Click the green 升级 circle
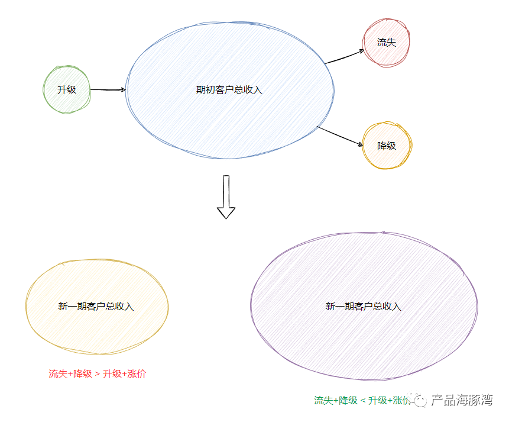(66, 90)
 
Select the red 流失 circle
(386, 43)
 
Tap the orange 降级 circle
(387, 146)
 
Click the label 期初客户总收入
(229, 90)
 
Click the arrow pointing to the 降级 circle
(340, 136)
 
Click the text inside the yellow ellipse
(96, 307)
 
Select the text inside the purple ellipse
(363, 307)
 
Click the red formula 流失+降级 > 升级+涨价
(97, 374)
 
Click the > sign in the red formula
(97, 374)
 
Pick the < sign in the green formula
(363, 401)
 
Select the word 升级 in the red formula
(112, 374)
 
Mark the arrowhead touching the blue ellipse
(123, 90)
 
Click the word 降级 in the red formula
(82, 374)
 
